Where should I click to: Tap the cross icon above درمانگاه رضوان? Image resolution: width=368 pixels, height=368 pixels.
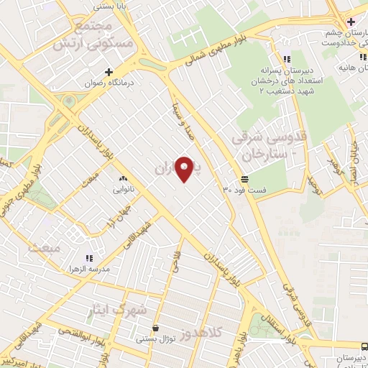tap(109, 71)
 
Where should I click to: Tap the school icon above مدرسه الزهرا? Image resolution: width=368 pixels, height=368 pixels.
tap(90, 257)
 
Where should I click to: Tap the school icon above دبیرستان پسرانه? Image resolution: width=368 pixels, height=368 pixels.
tap(287, 59)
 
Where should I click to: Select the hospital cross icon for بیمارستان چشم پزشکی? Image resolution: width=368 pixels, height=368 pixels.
tap(350, 22)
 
